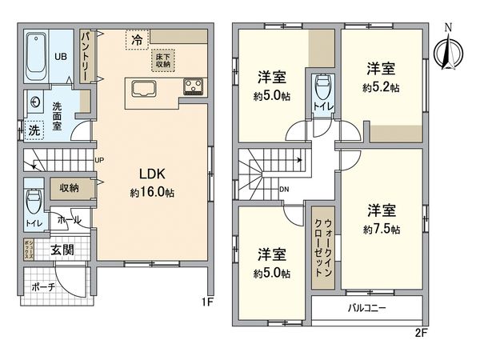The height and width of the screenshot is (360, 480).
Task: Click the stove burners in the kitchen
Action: pyautogui.click(x=194, y=86)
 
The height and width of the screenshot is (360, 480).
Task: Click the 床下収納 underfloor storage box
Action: pyautogui.click(x=163, y=61)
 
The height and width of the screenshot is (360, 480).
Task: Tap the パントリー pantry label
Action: pyautogui.click(x=86, y=53)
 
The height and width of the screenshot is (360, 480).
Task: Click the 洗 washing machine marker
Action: pyautogui.click(x=34, y=130)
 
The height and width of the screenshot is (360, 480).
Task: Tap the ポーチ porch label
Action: pyautogui.click(x=44, y=286)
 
